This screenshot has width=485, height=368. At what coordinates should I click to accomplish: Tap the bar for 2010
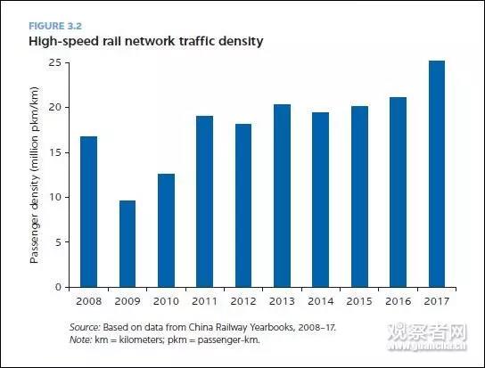click(x=166, y=230)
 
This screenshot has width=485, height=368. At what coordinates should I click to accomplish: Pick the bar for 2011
click(x=205, y=201)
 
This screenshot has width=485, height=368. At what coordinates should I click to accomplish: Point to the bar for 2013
click(x=283, y=196)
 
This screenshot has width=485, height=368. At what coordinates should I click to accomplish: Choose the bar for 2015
click(x=360, y=197)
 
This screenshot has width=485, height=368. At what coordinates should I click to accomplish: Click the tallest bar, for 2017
click(x=438, y=174)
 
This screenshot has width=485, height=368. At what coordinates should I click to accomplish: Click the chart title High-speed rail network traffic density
click(x=145, y=41)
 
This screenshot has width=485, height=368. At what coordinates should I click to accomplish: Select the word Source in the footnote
click(x=85, y=328)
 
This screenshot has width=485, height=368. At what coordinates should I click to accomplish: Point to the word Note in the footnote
click(x=81, y=340)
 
